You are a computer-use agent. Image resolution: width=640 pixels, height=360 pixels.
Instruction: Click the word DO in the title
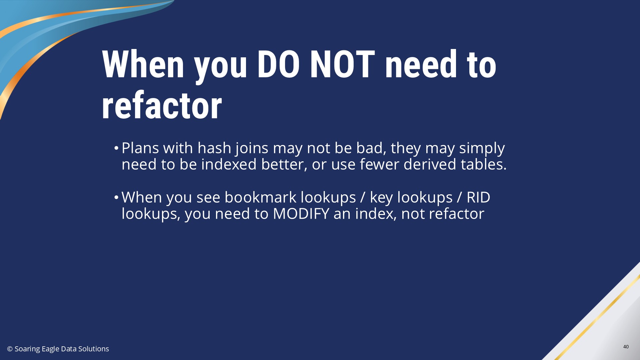point(278,64)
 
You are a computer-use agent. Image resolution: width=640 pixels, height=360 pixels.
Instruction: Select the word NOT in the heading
point(342,64)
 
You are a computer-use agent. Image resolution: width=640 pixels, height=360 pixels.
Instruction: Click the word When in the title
point(143,64)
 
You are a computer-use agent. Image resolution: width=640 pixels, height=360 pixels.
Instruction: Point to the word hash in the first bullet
point(214,148)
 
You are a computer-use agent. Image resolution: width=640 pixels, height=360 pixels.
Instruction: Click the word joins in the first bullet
point(252,148)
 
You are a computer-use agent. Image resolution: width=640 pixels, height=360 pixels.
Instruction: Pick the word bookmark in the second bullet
point(260,197)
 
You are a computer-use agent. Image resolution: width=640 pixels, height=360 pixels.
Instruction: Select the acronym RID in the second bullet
point(478,197)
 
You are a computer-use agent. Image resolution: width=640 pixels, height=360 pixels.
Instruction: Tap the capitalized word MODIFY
point(301,214)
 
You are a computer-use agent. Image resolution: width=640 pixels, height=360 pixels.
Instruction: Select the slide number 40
point(626,347)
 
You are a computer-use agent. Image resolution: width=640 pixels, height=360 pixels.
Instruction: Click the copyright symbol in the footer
point(10,349)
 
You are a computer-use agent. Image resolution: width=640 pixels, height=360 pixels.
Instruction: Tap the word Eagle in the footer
point(50,349)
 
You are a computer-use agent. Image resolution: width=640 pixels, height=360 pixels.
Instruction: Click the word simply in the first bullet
point(482,148)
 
